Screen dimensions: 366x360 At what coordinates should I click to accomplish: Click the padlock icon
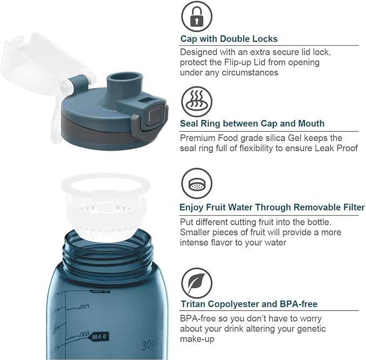197,16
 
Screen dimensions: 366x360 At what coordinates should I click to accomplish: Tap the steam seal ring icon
197,101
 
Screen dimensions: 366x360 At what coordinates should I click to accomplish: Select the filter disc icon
197,184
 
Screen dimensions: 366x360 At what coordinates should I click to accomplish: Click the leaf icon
197,283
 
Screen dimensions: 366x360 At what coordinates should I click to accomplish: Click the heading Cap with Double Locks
229,39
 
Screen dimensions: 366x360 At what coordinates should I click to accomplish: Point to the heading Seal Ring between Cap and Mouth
252,124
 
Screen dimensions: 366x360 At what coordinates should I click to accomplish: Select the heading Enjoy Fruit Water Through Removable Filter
272,207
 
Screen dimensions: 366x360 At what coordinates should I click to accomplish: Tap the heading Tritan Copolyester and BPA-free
249,304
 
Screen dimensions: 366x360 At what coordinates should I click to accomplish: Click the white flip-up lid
44,70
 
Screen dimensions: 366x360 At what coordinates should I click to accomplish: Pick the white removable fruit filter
105,206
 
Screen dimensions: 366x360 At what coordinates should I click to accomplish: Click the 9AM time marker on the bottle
100,337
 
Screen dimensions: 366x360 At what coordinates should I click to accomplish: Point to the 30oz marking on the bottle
150,344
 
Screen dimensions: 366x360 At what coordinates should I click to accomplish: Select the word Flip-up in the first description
238,63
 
